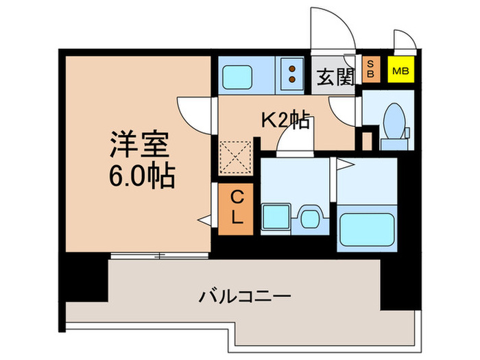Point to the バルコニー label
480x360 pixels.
point(245,296)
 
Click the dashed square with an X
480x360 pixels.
point(235,158)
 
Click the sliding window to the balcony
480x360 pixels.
point(159,256)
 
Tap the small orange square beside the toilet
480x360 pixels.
point(367,141)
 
